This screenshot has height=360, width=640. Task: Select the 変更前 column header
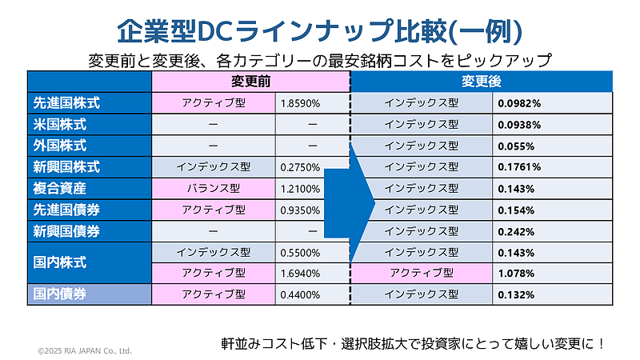coord(250,82)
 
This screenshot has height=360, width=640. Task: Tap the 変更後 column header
coord(481,82)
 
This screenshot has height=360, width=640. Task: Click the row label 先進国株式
coord(66,103)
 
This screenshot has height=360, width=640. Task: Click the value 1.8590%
coord(301,103)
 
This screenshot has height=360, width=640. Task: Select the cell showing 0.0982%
coord(519,103)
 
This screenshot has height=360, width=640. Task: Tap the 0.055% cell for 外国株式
coord(516,146)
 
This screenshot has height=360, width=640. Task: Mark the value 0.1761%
coord(519,167)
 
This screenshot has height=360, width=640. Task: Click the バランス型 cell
coord(214,189)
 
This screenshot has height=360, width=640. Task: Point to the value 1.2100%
coord(301,189)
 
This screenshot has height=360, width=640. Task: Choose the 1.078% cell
coord(516,274)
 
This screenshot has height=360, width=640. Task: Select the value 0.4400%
coord(301,294)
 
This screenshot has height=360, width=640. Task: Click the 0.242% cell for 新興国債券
coord(516,231)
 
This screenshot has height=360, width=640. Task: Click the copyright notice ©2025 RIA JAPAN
coord(85,350)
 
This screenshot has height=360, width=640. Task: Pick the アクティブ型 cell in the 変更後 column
coord(422,274)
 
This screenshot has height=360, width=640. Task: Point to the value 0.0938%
coord(519,125)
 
